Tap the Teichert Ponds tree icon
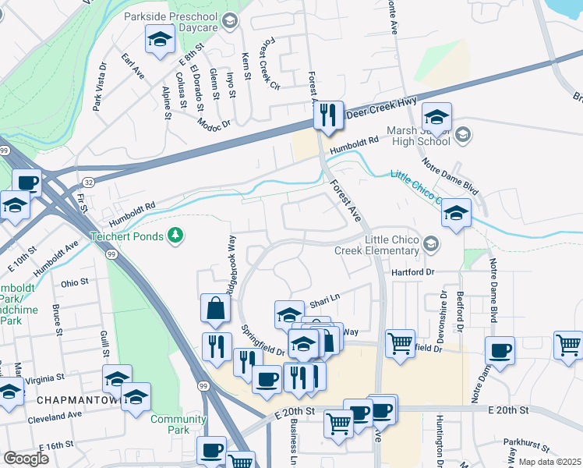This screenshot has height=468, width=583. (177, 236)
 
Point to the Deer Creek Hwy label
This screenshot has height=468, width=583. (382, 107)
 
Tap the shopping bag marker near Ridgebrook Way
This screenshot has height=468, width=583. (214, 310)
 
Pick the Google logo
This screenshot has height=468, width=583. (26, 458)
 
